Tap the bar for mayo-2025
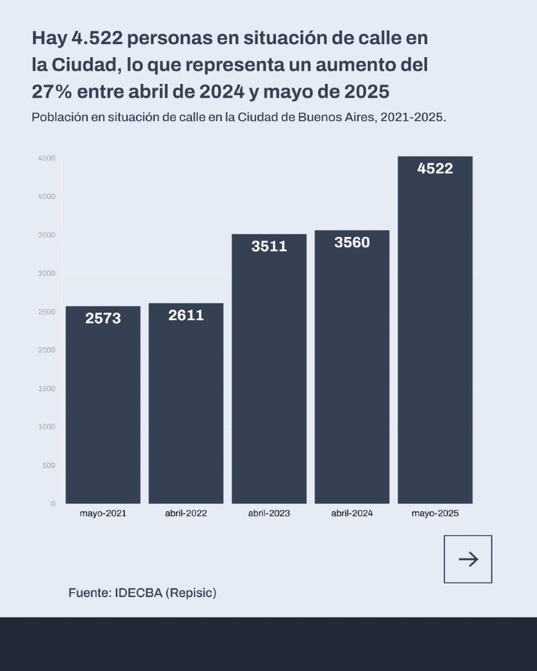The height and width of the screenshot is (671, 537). point(435,335)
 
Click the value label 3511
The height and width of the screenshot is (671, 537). point(269,246)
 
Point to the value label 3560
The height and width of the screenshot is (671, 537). point(352,242)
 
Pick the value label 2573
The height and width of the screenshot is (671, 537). point(103,318)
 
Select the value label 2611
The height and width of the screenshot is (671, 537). point(186,315)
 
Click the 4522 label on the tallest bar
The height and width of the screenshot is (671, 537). point(435,168)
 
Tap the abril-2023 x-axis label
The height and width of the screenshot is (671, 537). point(269,513)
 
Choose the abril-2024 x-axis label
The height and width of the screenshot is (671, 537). point(352,513)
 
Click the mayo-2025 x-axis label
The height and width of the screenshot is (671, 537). point(435,513)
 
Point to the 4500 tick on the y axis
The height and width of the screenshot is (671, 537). point(46,158)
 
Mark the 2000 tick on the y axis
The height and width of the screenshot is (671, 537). point(46,350)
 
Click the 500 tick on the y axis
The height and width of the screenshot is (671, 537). point(49,465)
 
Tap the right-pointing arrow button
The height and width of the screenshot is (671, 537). point(468,559)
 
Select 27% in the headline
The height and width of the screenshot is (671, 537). point(48,89)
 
